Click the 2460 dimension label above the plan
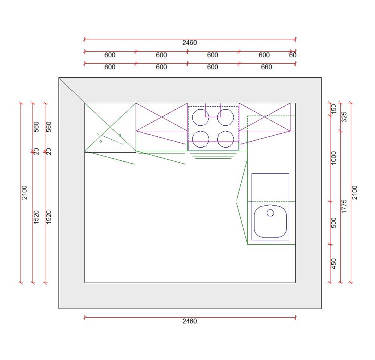[190, 43]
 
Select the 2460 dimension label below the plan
[190, 321]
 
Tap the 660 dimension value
[267, 67]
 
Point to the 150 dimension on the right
[334, 109]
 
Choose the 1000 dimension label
[334, 158]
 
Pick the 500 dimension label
[334, 223]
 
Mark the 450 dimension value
[334, 263]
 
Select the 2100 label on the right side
[355, 192]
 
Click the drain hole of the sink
[271, 213]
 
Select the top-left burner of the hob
[201, 118]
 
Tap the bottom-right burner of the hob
[226, 138]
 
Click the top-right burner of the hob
[226, 118]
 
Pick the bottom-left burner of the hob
[201, 138]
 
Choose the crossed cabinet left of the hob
[161, 118]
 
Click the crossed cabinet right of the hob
[264, 118]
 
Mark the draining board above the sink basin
[270, 187]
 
